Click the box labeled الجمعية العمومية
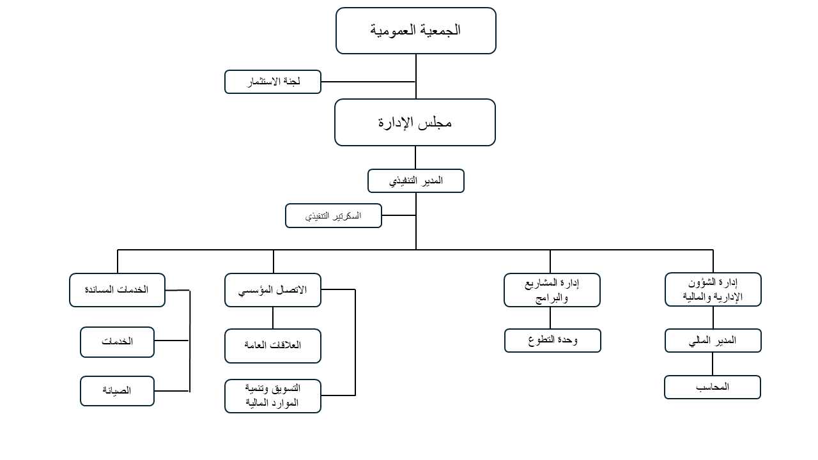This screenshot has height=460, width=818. coord(416,31)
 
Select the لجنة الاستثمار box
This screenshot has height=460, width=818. coord(273,82)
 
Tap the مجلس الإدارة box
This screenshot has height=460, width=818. coord(415,122)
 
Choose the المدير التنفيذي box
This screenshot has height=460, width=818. coord(416,181)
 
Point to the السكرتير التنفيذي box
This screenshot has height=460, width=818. coord(334,216)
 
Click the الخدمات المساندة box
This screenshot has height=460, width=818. coord(117,290)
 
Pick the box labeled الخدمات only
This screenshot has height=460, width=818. coord(117,342)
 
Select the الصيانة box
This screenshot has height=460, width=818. coord(117,391)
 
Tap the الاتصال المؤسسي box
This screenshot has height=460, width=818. coord(273,290)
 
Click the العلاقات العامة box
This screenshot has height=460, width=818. coord(273,346)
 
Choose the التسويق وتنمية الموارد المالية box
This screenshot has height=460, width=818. coord(273,396)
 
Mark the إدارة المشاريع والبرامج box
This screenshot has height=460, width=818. coord(552,290)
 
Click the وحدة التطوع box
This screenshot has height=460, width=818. coord(553,341)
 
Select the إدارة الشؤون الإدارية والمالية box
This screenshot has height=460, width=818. coord(713,289)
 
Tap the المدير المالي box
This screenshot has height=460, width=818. coord(713,341)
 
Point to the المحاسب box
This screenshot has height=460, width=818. coord(713,387)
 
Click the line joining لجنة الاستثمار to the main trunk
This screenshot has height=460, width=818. coord(369,82)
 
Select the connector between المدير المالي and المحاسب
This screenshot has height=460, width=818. coord(713,364)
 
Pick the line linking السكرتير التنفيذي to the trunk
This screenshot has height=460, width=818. coord(399,215)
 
